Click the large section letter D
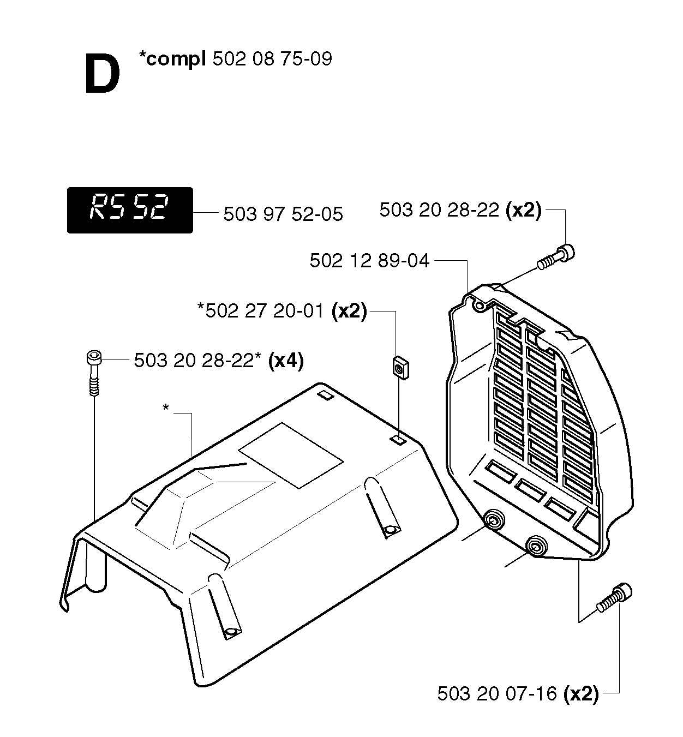pyautogui.click(x=103, y=74)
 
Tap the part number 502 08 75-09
pyautogui.click(x=272, y=59)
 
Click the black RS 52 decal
pyautogui.click(x=130, y=210)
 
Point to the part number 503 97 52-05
pyautogui.click(x=283, y=214)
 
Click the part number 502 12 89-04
pyautogui.click(x=369, y=261)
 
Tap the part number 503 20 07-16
pyautogui.click(x=497, y=693)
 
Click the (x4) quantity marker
pyautogui.click(x=286, y=361)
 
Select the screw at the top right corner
pyautogui.click(x=556, y=257)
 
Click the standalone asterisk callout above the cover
pyautogui.click(x=165, y=408)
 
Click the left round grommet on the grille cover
pyautogui.click(x=494, y=522)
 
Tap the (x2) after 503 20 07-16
pyautogui.click(x=581, y=694)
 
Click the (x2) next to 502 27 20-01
pyautogui.click(x=349, y=311)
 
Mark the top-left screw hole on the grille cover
pyautogui.click(x=480, y=306)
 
